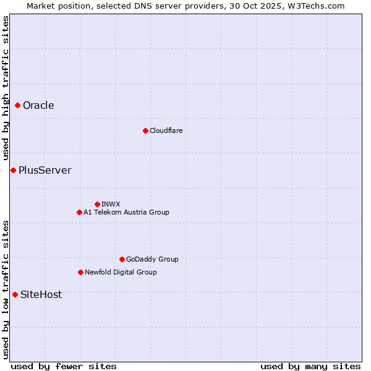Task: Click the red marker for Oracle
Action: pos(18,106)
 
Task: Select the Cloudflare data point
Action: pos(145,130)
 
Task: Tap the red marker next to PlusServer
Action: pos(13,171)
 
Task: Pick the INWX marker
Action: pos(97,204)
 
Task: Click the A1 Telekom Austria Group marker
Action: pos(79,212)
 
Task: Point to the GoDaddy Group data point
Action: pos(122,259)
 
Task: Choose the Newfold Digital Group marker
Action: pos(80,272)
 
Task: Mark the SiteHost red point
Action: pos(15,295)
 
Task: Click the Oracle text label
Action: pos(38,106)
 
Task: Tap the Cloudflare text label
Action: pos(166,130)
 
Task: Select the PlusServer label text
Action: pos(45,171)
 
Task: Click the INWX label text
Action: pos(111,204)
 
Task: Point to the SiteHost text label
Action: pos(41,295)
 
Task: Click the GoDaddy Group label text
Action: pos(152,259)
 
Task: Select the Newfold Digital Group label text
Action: pos(121,272)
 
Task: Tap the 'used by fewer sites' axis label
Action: pos(64,366)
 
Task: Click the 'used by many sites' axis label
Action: pos(310,366)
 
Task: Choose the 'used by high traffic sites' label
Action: pos(6,88)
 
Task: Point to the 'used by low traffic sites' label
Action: pos(6,289)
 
